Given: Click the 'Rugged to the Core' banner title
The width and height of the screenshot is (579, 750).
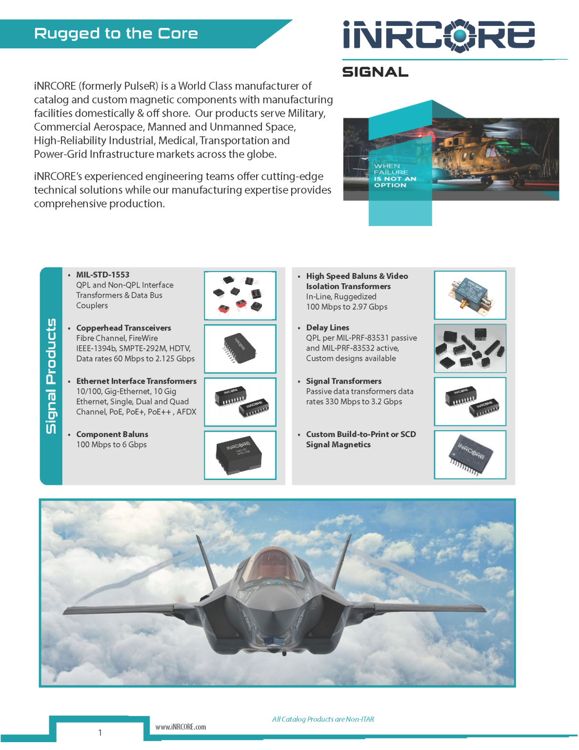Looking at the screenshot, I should click(116, 33).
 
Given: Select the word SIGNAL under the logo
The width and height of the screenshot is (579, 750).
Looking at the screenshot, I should click(375, 72).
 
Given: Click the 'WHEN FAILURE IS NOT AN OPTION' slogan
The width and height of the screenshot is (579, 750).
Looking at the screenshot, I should click(395, 176).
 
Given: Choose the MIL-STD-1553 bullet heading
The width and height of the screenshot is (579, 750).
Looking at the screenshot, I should click(102, 275).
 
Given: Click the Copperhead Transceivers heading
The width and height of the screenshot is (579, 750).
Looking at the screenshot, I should click(123, 328).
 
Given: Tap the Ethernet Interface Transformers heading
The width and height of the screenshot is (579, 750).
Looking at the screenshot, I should click(136, 381).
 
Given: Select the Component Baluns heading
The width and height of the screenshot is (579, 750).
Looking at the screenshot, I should click(112, 435).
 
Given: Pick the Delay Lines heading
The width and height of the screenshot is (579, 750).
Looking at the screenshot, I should click(327, 328).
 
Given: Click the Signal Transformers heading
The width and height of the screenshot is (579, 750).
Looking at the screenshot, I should click(343, 381).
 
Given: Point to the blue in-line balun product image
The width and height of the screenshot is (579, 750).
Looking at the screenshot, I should click(470, 295).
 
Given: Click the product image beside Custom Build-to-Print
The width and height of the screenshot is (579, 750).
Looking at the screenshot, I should click(470, 455).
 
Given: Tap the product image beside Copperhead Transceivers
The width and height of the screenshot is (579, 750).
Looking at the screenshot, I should click(240, 349).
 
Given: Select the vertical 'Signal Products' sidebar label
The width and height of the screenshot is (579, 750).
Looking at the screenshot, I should click(51, 376).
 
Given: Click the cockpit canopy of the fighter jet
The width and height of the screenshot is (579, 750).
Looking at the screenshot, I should click(276, 566).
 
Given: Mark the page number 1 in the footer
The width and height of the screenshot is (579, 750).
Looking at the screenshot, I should click(100, 732).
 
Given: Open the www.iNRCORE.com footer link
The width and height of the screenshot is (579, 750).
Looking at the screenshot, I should click(180, 727).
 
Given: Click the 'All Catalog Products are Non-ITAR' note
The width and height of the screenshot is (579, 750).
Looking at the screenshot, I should click(323, 719).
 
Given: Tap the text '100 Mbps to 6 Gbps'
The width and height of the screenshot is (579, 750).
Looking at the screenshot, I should click(111, 445).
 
